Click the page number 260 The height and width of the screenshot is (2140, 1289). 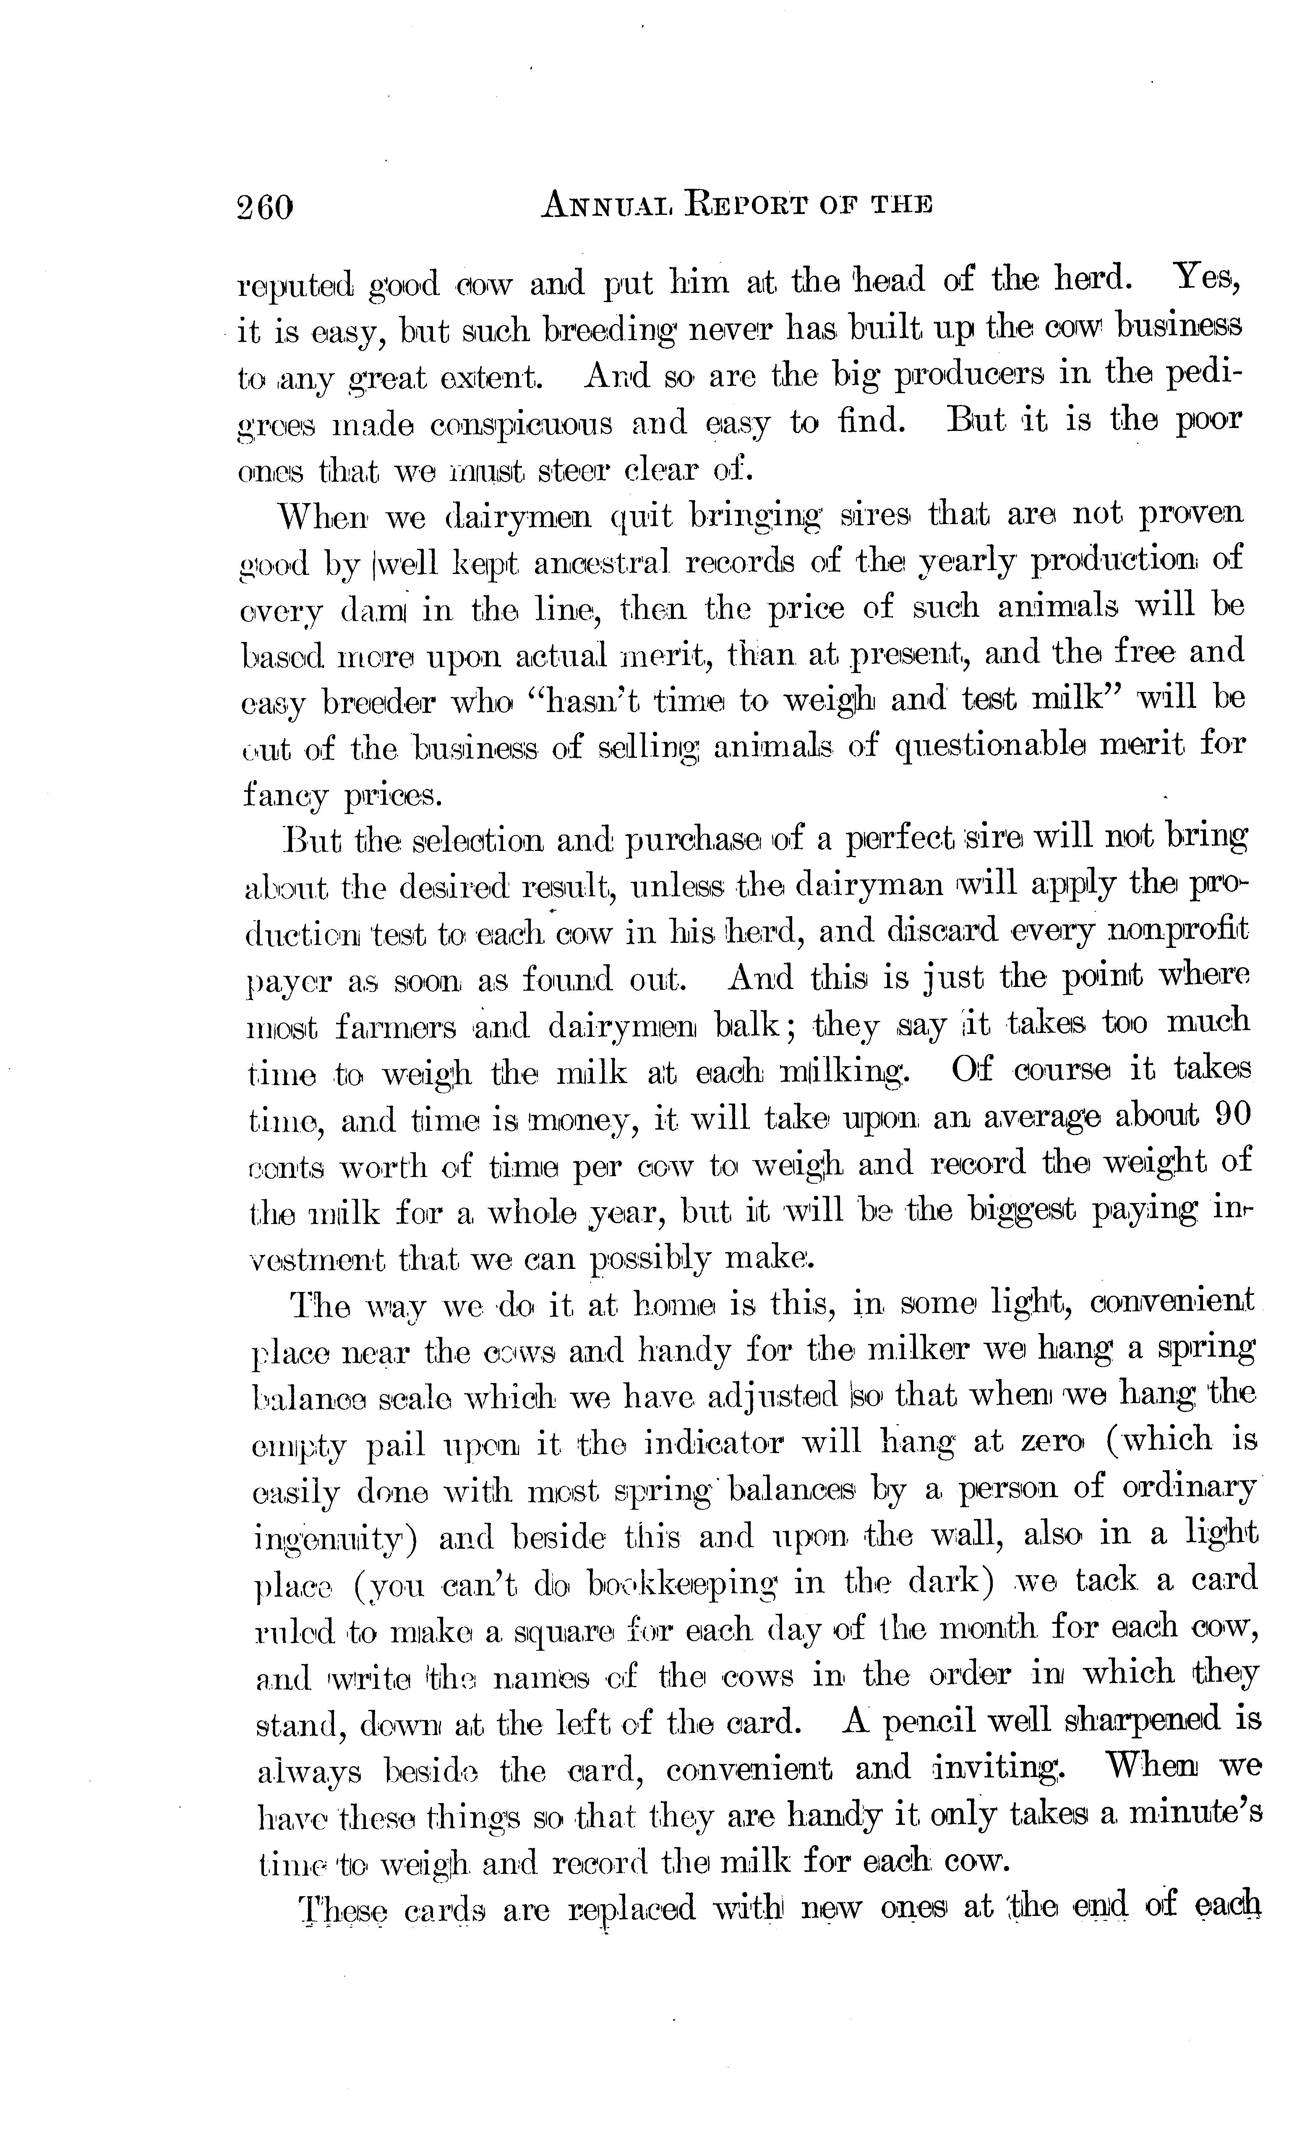(265, 209)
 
